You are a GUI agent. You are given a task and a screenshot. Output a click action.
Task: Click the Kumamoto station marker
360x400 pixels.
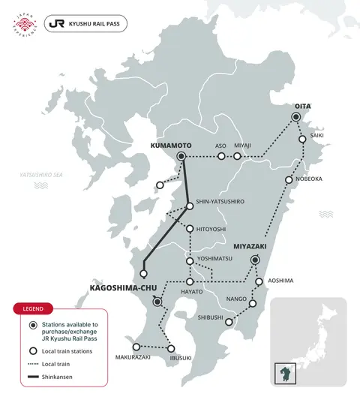coord(180,156)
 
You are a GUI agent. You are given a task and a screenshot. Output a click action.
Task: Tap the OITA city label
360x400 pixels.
coord(302,107)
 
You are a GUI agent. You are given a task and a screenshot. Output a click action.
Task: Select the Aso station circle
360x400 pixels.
coord(221,156)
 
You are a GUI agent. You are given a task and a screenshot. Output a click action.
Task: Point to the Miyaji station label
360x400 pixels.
coord(243,146)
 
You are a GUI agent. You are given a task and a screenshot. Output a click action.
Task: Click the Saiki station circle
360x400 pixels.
coord(302,139)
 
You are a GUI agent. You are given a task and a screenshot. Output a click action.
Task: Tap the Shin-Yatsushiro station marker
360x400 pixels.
coord(190,208)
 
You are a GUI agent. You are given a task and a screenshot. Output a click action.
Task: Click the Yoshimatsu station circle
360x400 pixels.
coord(190,261)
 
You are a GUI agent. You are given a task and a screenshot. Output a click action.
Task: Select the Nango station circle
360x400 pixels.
coord(253,304)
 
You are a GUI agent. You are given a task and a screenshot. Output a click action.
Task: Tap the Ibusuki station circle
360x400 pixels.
coord(172,348)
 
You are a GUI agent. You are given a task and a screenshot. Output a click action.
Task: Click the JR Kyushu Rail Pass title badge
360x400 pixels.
coord(85,23)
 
